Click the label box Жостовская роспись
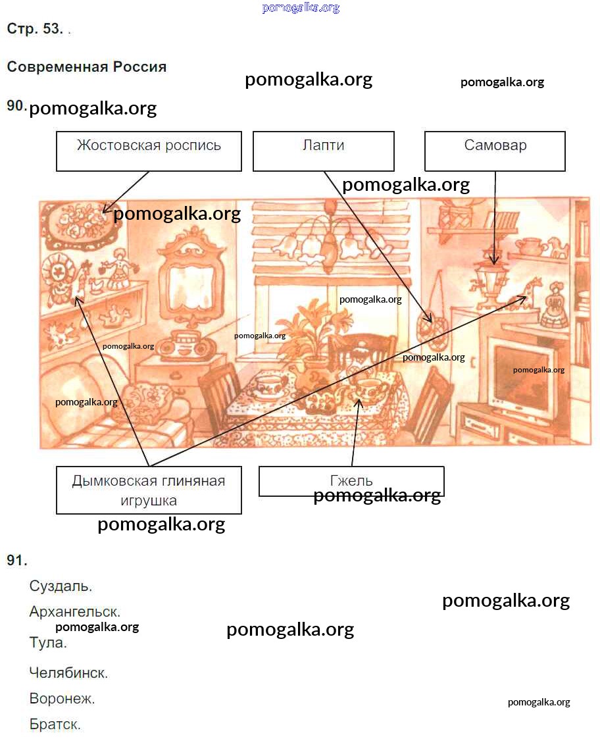pyautogui.click(x=149, y=151)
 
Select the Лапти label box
pyautogui.click(x=323, y=151)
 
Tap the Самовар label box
pyautogui.click(x=495, y=151)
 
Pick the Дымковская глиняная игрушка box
pyautogui.click(x=149, y=490)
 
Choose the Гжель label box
pyautogui.click(x=351, y=481)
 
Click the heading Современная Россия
pyautogui.click(x=87, y=66)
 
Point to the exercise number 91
pyautogui.click(x=17, y=560)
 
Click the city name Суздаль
pyautogui.click(x=61, y=586)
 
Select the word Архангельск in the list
pyautogui.click(x=74, y=612)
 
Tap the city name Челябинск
pyautogui.click(x=68, y=673)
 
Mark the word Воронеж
pyautogui.click(x=62, y=698)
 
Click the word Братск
pyautogui.click(x=55, y=724)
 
